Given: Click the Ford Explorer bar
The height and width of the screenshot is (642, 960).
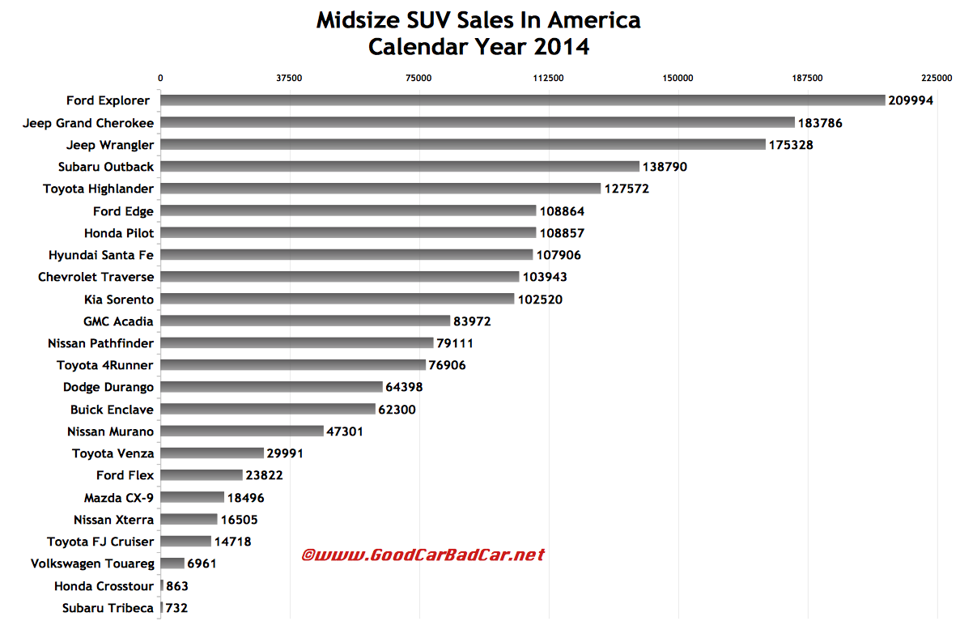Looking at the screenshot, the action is (x=523, y=100).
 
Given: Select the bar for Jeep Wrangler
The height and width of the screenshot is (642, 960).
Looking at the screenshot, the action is (x=463, y=145).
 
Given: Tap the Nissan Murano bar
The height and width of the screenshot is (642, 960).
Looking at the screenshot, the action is (x=242, y=432).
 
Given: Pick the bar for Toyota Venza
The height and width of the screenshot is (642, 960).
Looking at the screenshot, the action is (x=212, y=453).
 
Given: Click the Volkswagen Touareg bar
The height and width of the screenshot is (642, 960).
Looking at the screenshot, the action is (x=172, y=563).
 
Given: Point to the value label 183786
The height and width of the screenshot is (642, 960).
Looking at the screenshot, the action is (x=820, y=123).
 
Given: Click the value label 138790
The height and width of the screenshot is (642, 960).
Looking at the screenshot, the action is (x=665, y=167).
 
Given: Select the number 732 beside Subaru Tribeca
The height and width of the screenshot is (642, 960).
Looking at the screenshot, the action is (x=176, y=608).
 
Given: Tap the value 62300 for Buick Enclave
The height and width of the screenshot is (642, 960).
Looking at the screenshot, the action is (x=397, y=409).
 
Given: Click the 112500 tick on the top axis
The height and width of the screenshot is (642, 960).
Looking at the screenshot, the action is (x=549, y=78).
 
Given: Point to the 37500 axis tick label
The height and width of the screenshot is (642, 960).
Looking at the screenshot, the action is (x=289, y=78).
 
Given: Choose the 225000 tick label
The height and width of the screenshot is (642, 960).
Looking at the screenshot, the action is (x=937, y=78).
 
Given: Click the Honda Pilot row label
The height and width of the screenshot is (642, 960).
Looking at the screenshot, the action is (x=119, y=233).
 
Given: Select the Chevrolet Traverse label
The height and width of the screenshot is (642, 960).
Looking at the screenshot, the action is (x=96, y=277).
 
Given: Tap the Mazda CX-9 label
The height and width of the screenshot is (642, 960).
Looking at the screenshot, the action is (x=119, y=497).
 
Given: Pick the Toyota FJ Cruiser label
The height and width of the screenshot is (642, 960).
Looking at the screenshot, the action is (x=100, y=542).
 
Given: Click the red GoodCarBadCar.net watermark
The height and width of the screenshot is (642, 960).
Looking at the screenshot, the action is (x=423, y=555).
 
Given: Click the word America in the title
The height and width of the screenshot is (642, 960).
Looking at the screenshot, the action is (x=594, y=20).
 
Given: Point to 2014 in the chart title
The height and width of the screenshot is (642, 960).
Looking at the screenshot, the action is (x=562, y=47).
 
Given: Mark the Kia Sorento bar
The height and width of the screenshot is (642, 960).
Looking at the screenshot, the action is (x=338, y=299).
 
